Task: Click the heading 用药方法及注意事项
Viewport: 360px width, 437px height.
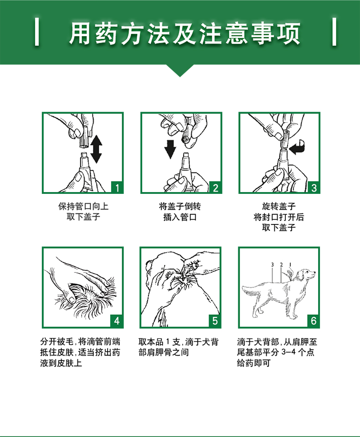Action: pyautogui.click(x=185, y=34)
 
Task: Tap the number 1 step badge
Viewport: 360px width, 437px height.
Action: pyautogui.click(x=117, y=187)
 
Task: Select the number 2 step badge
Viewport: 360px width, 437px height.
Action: pyautogui.click(x=216, y=187)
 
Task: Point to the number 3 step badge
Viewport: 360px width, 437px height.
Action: pyautogui.click(x=314, y=187)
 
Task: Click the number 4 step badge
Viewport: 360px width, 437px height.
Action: pyautogui.click(x=117, y=321)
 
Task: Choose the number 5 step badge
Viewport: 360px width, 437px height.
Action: pyautogui.click(x=215, y=321)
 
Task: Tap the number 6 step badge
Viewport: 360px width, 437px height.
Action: pyautogui.click(x=314, y=321)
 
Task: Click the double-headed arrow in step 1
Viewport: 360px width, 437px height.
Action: pyautogui.click(x=96, y=149)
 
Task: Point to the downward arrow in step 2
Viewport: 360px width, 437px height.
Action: pyautogui.click(x=170, y=149)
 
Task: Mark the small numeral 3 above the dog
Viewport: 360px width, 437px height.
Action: pyautogui.click(x=273, y=265)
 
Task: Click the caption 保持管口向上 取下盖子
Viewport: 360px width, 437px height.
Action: pyautogui.click(x=83, y=212)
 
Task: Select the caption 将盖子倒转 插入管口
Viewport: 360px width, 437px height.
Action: pyautogui.click(x=180, y=212)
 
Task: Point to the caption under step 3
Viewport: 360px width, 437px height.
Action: pyautogui.click(x=279, y=217)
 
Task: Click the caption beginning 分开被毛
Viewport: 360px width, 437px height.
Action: pyautogui.click(x=80, y=352)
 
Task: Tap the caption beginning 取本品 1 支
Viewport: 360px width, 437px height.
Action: pyautogui.click(x=179, y=347)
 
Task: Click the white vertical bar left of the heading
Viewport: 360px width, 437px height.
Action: pyautogui.click(x=37, y=31)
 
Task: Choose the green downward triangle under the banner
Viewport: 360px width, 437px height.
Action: pyautogui.click(x=180, y=70)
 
